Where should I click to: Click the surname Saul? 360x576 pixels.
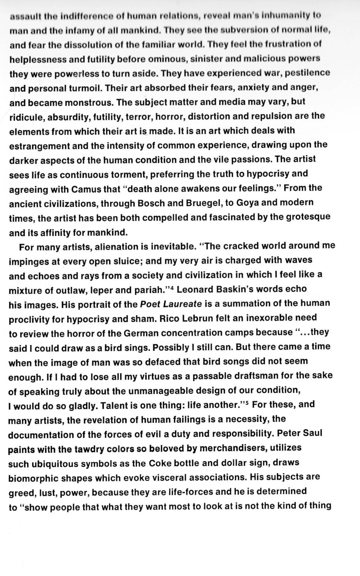point(312,433)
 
